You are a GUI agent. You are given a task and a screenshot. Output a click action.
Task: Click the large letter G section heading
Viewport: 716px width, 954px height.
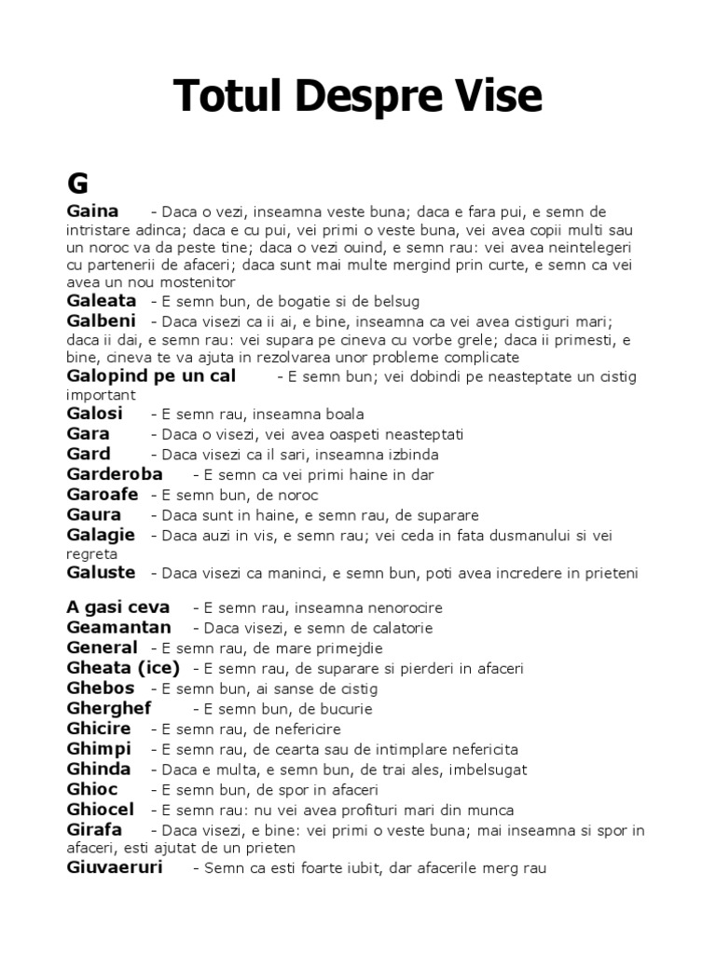[x=77, y=181]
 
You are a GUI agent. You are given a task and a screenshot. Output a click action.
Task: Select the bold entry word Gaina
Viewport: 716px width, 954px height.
[x=92, y=211]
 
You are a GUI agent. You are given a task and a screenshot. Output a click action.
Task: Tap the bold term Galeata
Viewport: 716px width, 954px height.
[x=102, y=301]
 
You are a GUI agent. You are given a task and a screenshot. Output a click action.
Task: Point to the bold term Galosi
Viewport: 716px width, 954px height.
[x=95, y=413]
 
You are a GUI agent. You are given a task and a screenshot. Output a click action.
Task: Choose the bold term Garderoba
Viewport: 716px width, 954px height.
[x=115, y=474]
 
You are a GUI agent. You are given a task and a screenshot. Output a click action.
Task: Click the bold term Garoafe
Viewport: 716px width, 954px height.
[x=103, y=495]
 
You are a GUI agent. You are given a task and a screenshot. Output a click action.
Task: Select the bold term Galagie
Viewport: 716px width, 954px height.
[x=101, y=535]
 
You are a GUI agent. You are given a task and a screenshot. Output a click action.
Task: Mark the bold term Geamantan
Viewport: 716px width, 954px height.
[x=119, y=628]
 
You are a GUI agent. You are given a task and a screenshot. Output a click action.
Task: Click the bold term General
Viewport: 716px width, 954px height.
[x=103, y=647]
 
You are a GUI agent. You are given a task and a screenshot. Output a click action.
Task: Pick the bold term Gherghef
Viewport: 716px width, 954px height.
[x=109, y=708]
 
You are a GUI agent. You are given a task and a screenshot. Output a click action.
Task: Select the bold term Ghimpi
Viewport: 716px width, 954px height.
[x=100, y=749]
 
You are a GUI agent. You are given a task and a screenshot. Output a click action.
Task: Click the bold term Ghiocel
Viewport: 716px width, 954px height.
[x=101, y=810]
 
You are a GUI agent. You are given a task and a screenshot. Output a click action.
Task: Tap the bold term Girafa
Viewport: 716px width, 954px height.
[x=94, y=829]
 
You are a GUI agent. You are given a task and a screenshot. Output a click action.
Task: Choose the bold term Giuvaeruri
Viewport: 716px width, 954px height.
[x=115, y=867]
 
